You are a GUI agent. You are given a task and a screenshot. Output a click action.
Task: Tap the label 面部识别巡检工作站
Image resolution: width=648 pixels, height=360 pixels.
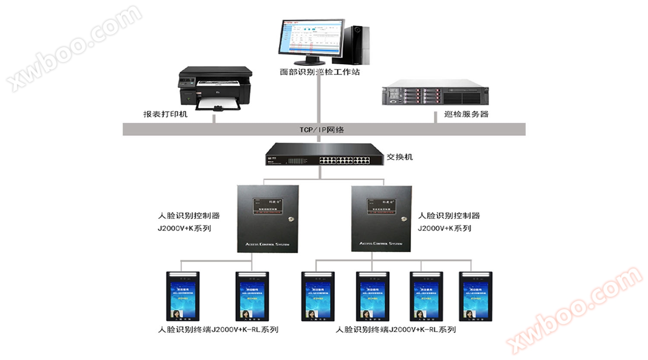(x=320, y=72)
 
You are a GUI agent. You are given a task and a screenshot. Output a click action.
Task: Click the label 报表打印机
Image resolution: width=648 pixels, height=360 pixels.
(x=165, y=114)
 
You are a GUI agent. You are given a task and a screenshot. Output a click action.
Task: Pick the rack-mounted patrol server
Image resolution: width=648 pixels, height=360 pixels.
(x=435, y=92)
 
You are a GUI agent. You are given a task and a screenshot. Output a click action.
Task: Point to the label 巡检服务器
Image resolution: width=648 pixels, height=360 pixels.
(x=466, y=114)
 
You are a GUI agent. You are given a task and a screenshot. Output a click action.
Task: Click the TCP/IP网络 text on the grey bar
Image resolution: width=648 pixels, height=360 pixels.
(x=322, y=130)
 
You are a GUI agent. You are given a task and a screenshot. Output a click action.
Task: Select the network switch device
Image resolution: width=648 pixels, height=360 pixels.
(x=324, y=155)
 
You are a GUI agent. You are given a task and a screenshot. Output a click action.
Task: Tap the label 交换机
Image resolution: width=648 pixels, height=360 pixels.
(x=400, y=157)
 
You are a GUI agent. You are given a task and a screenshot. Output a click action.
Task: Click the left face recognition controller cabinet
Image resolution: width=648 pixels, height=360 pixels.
(x=268, y=219)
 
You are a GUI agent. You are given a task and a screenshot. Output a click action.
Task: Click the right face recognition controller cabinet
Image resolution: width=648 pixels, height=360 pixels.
(x=381, y=219)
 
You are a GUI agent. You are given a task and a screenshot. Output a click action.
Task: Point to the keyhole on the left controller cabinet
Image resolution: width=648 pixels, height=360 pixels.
(x=291, y=219)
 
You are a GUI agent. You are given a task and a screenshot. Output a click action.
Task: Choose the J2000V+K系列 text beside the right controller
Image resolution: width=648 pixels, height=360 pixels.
(x=444, y=228)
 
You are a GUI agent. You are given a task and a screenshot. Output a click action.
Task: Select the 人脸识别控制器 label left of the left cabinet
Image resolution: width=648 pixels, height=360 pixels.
(x=189, y=216)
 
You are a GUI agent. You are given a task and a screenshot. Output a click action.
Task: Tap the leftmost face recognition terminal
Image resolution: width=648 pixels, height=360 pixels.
(x=183, y=296)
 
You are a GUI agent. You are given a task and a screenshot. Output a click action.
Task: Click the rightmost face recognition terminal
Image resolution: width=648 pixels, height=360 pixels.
(x=475, y=296)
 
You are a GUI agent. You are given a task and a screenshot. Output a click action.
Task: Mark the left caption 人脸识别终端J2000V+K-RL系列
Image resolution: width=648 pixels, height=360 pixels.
(x=218, y=330)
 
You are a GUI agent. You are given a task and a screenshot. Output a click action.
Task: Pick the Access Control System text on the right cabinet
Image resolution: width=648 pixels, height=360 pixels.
(x=381, y=244)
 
